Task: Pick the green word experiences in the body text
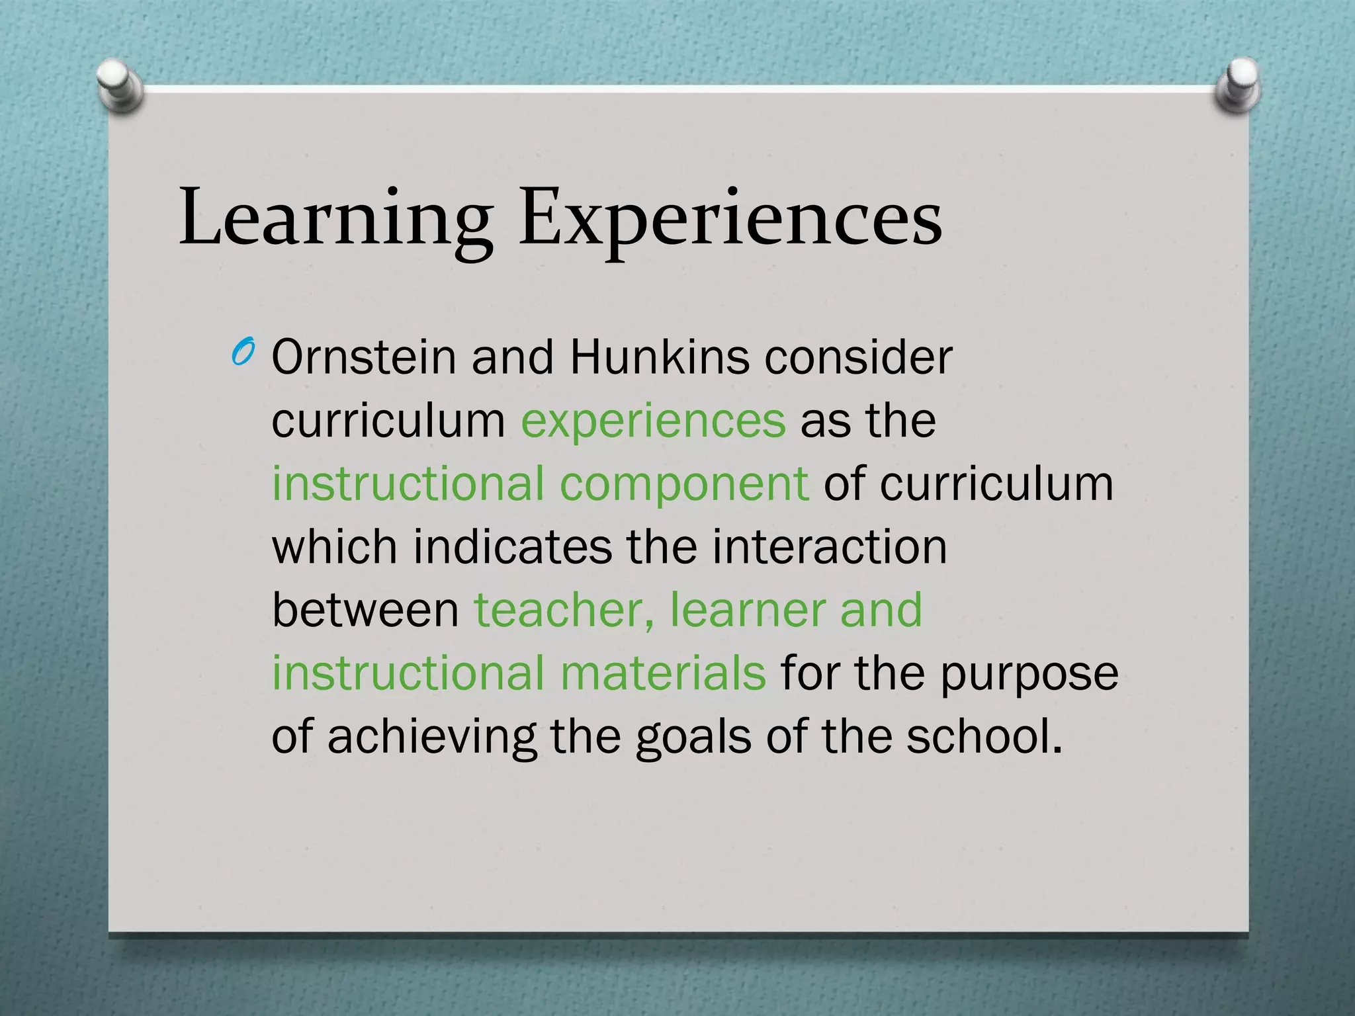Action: point(654,421)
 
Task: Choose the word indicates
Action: point(513,547)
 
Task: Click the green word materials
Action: point(662,673)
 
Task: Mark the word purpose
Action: point(1029,674)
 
